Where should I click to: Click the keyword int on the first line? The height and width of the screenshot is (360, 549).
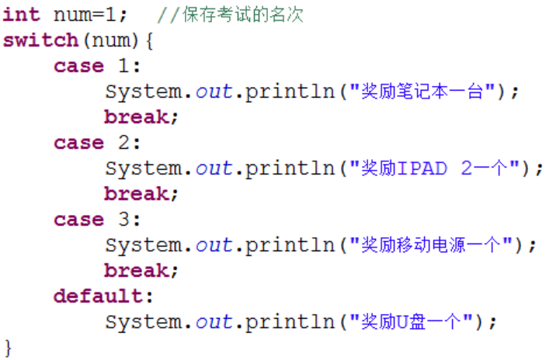click(22, 15)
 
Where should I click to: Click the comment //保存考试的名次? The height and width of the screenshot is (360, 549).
click(230, 15)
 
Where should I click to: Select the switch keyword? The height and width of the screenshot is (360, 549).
click(40, 40)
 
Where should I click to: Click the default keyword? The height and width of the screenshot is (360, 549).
click(99, 296)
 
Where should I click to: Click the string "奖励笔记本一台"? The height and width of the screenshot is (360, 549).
click(423, 92)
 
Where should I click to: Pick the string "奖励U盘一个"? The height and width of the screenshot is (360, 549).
click(412, 321)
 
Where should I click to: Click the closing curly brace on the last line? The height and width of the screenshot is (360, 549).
click(9, 346)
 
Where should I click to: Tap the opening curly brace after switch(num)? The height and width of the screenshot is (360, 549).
click(149, 40)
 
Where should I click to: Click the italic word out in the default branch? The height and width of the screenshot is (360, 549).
click(214, 321)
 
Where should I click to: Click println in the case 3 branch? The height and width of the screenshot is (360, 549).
click(290, 245)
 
